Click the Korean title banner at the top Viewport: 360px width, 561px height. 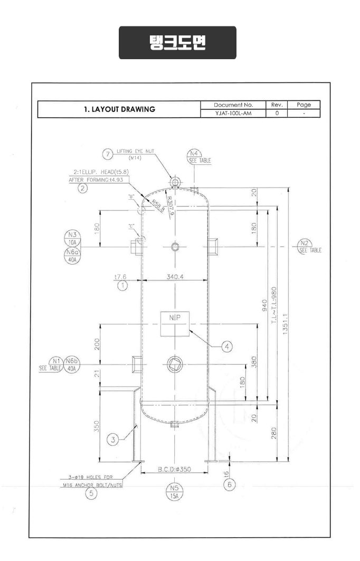click(x=177, y=42)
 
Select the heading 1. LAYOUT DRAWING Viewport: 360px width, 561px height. click(x=119, y=109)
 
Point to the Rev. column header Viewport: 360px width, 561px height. click(x=277, y=105)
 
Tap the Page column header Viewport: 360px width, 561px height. click(x=304, y=105)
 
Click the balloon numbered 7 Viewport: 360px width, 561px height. click(x=108, y=154)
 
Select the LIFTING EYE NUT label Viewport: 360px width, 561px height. click(x=135, y=152)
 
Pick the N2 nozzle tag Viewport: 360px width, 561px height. click(x=304, y=244)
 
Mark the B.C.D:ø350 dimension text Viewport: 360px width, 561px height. click(x=174, y=469)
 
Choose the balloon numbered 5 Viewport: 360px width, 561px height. click(x=92, y=494)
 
